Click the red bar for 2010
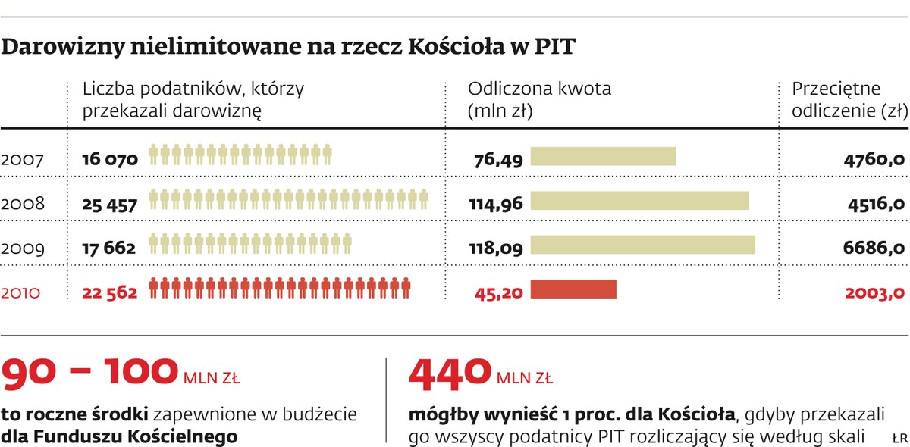tap(573, 289)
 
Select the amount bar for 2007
tap(603, 156)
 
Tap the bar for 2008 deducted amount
tap(639, 201)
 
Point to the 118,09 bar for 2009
tap(642, 245)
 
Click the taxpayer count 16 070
tap(110, 159)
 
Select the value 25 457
tap(110, 204)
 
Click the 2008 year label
tap(23, 204)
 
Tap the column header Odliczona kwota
tap(539, 89)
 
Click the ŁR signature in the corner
tap(899, 437)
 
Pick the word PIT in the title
tap(555, 47)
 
